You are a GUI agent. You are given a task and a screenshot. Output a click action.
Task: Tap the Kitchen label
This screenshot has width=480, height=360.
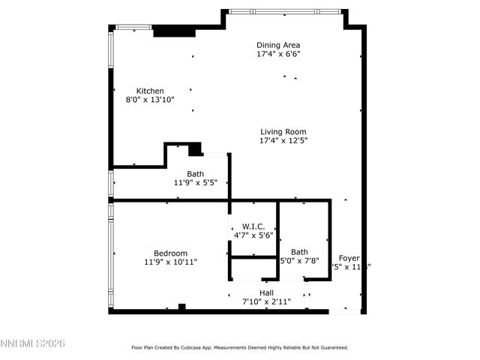tap(150, 90)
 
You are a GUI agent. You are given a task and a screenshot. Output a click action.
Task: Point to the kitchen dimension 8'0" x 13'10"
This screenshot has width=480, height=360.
tap(150, 99)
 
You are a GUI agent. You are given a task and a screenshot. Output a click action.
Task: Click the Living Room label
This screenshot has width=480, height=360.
tap(283, 131)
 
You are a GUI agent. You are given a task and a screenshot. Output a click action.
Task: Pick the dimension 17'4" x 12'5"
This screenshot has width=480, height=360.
tap(283, 140)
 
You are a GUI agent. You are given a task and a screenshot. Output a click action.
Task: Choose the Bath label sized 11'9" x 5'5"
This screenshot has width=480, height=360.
tap(196, 173)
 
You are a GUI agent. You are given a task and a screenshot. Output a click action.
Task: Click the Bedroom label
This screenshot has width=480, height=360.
tap(170, 253)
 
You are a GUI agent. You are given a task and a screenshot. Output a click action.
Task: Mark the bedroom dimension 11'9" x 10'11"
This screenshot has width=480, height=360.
tap(170, 262)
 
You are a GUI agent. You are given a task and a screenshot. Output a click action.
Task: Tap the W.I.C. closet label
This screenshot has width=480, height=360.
tap(253, 226)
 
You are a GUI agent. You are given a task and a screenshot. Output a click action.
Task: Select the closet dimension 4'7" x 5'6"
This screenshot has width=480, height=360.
tap(253, 235)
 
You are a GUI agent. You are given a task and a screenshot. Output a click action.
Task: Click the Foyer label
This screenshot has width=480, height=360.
tap(349, 257)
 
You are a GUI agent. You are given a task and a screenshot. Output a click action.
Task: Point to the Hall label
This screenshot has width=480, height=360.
tap(266, 292)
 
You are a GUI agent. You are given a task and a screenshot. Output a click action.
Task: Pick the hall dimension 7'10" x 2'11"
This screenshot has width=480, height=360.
tap(266, 301)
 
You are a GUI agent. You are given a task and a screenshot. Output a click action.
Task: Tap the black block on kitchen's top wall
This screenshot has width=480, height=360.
tap(174, 32)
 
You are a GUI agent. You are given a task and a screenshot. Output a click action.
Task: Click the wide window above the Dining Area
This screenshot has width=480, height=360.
tap(285, 11)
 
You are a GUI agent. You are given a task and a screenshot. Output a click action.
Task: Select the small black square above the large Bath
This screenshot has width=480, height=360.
tap(195, 149)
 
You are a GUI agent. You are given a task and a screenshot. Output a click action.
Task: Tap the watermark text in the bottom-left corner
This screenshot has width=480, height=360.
tap(33, 343)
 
